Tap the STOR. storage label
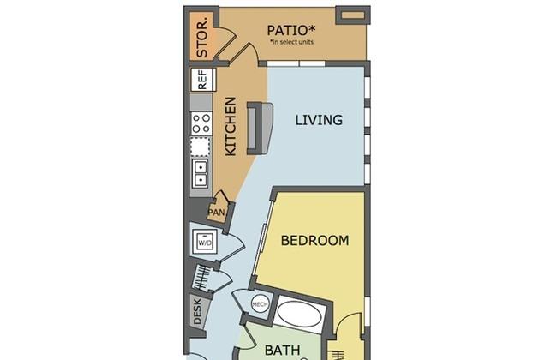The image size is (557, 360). coord(202,38)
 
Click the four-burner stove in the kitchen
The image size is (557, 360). coord(201,123)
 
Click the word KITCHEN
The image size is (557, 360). coord(231,126)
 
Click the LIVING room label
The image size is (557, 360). coord(319,120)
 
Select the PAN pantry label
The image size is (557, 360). coord(217,212)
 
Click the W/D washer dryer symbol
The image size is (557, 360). coord(206,243)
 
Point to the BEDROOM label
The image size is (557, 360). coord(315,241)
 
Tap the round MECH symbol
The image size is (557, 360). coord(259,303)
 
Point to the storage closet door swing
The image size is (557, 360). coord(225,39)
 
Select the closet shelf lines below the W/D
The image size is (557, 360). coord(202,279)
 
